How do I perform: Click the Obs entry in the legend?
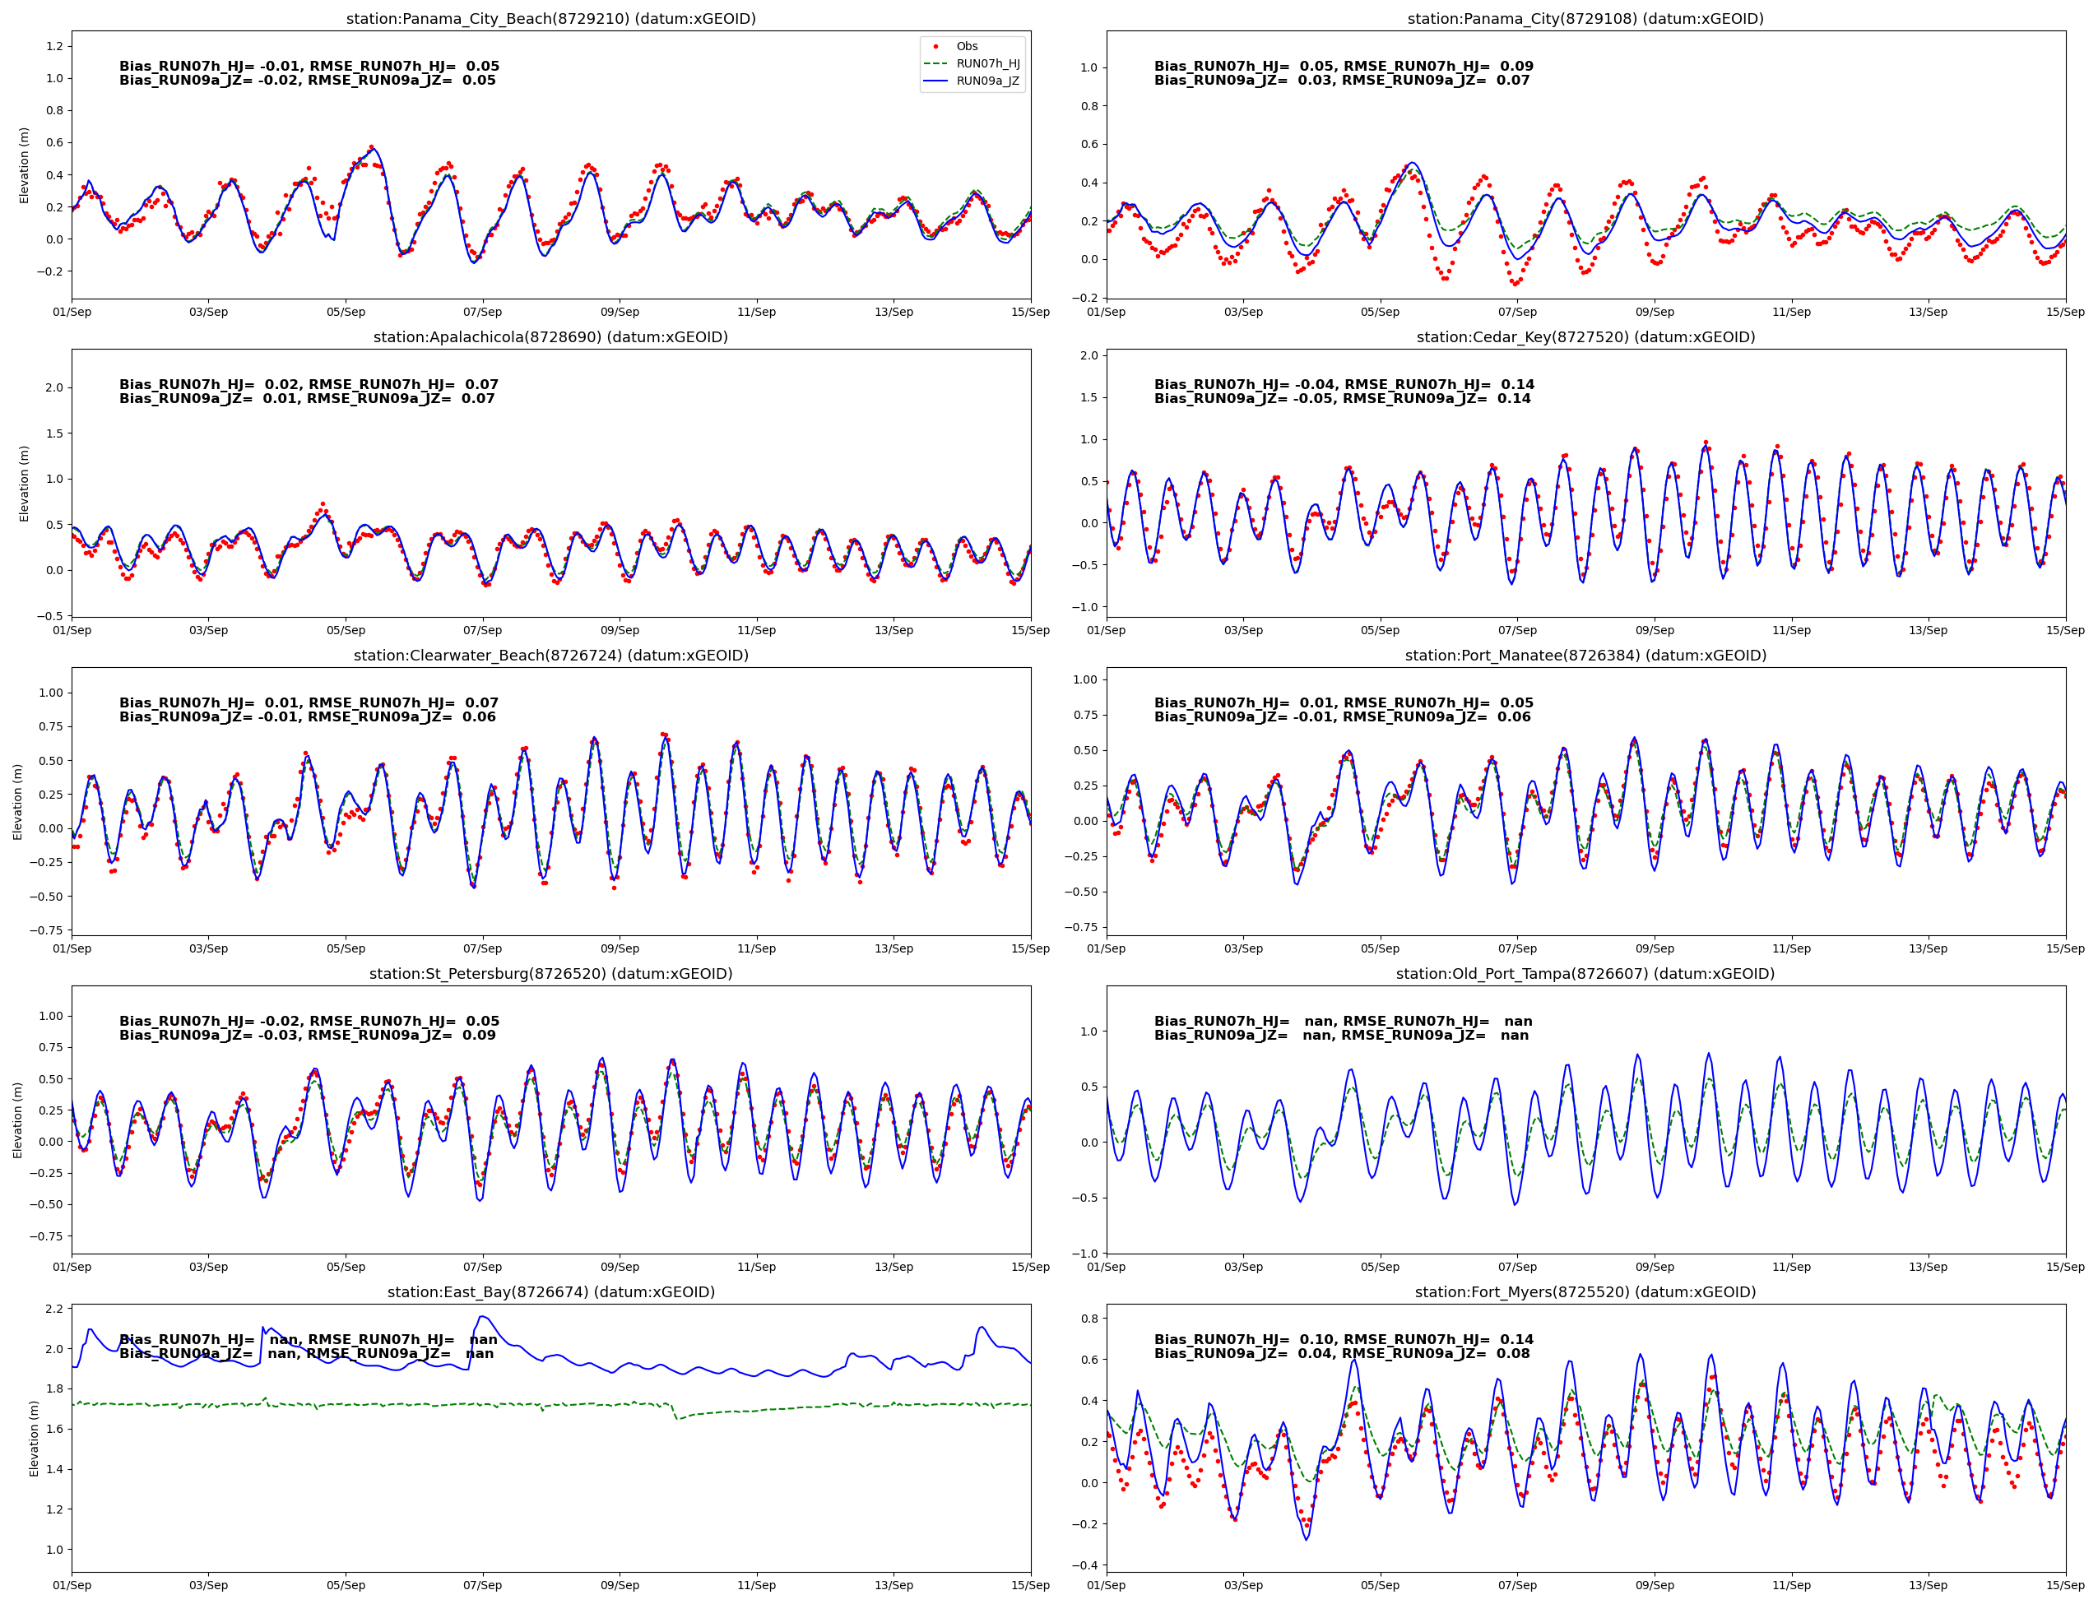pos(967,46)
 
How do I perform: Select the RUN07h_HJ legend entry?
pos(987,63)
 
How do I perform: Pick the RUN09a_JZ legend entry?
pos(987,81)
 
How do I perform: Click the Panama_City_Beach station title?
pos(550,18)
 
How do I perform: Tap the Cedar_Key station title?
pos(1585,337)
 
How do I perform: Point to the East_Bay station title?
pos(550,1291)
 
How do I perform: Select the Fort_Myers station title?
pos(1585,1291)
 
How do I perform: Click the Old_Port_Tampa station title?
pos(1585,974)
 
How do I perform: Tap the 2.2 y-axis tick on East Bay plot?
pos(53,1309)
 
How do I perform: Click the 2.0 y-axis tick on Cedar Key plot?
pos(1088,355)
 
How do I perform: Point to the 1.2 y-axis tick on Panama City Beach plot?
pos(53,46)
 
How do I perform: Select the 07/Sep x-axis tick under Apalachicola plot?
pos(482,630)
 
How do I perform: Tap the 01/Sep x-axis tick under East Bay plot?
pos(72,1585)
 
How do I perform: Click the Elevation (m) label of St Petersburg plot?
pos(18,1120)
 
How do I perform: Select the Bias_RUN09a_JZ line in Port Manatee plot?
pos(1342,717)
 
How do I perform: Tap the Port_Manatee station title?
pos(1585,655)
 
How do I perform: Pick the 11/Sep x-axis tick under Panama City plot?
pos(1790,313)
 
